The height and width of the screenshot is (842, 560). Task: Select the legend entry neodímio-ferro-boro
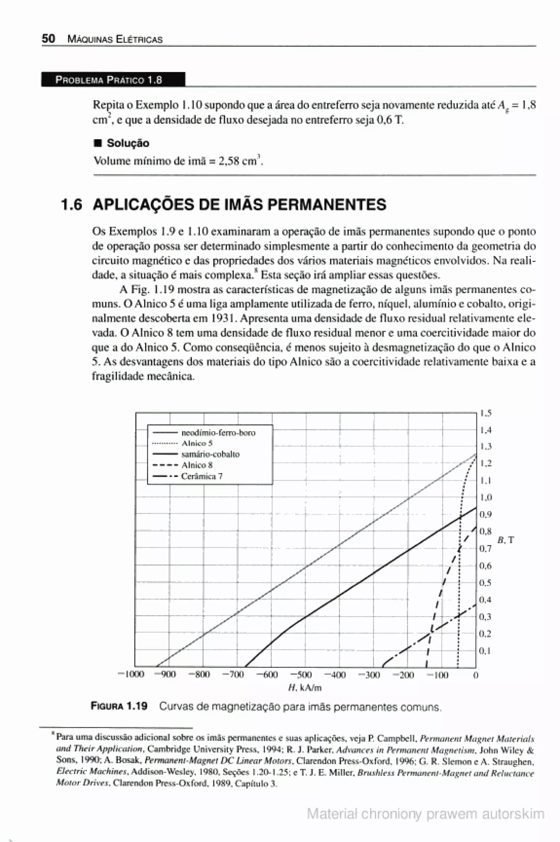point(218,433)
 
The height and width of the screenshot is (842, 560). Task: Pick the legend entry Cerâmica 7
point(202,476)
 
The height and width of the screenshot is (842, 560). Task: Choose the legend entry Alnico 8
point(197,465)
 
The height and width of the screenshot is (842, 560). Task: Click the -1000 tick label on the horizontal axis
point(131,674)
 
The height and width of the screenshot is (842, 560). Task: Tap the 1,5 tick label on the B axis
point(486,413)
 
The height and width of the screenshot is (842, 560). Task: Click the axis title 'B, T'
point(506,540)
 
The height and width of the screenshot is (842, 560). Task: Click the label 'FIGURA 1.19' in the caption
point(119,706)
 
